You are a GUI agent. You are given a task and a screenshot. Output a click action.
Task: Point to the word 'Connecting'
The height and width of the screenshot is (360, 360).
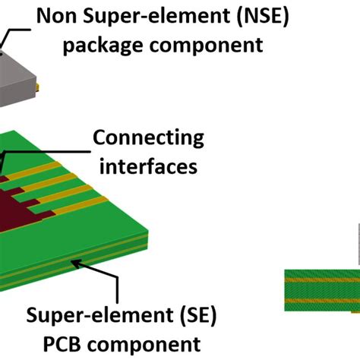[x=148, y=138]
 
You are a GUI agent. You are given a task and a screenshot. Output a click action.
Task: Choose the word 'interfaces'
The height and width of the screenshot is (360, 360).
[x=148, y=165]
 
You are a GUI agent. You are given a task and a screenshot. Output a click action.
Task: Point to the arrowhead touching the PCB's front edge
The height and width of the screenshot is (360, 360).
[x=74, y=263]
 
